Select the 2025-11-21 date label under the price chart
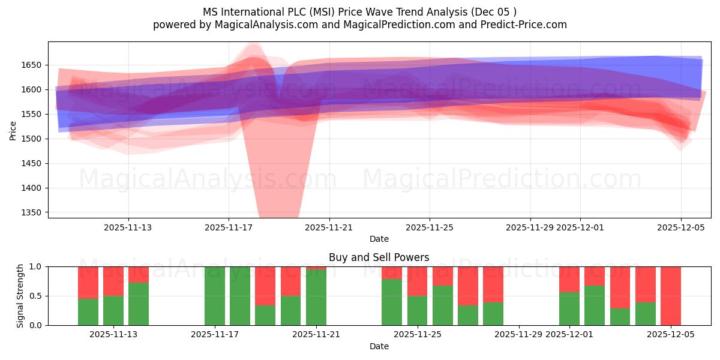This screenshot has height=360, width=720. (329, 227)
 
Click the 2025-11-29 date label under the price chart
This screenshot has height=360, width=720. (530, 227)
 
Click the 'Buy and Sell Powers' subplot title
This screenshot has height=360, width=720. (379, 257)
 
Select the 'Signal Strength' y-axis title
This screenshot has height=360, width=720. (20, 296)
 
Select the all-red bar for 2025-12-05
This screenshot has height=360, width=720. (671, 296)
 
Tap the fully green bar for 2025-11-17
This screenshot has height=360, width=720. (215, 296)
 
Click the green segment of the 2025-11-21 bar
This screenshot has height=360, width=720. (316, 298)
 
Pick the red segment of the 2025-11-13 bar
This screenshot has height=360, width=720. (139, 274)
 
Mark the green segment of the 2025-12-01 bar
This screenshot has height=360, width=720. (569, 308)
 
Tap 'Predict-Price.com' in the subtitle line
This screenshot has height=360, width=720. (526, 25)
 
